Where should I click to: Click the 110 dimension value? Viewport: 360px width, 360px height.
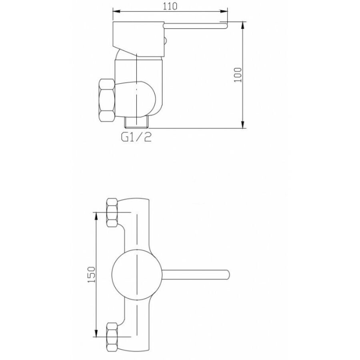(170, 6)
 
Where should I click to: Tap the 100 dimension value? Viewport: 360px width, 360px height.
(238, 75)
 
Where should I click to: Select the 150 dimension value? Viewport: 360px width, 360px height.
(91, 274)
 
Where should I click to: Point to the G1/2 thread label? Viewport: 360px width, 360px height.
(136, 137)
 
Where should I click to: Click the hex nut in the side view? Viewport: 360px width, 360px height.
(107, 100)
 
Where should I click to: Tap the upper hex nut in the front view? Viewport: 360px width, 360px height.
(112, 213)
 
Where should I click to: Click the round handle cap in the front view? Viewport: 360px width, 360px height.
(137, 274)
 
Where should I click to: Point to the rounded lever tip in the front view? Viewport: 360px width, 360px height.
(227, 274)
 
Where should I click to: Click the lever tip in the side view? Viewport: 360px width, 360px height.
(225, 25)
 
